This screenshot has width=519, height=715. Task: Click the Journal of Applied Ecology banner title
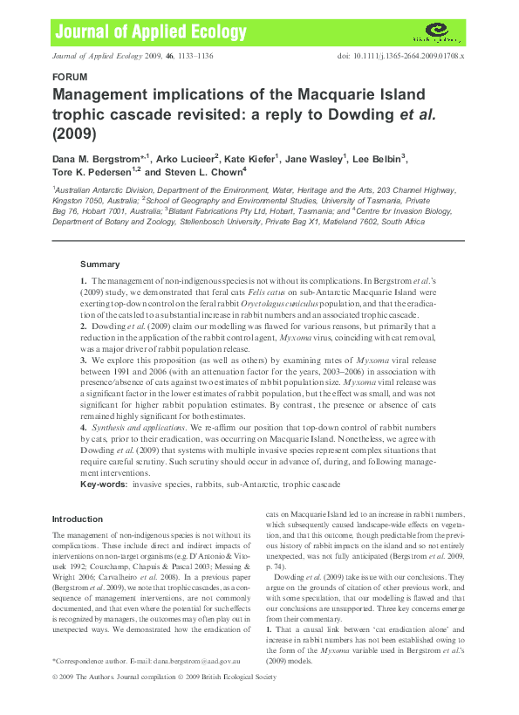(x=139, y=32)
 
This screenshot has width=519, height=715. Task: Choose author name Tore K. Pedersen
(x=92, y=173)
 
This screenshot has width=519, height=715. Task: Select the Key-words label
(x=101, y=483)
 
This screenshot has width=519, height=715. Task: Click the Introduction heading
(x=78, y=519)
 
